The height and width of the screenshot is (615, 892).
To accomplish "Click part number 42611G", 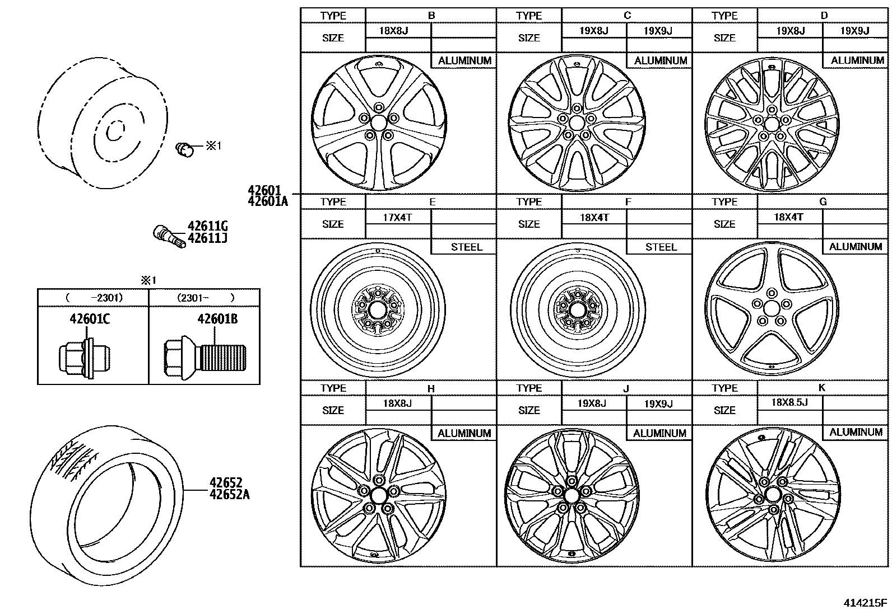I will pyautogui.click(x=207, y=226).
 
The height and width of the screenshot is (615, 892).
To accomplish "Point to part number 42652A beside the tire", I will pyautogui.click(x=230, y=494).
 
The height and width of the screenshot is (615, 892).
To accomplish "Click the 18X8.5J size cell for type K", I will pyautogui.click(x=789, y=402).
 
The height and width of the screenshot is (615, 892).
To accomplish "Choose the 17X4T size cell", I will pyautogui.click(x=397, y=217).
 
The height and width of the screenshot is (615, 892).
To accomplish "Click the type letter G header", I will pyautogui.click(x=823, y=201).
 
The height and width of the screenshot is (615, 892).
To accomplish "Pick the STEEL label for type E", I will pyautogui.click(x=466, y=247).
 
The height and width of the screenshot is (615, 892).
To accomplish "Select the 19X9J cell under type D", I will pyautogui.click(x=854, y=31).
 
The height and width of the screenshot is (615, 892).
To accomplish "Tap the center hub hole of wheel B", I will pyautogui.click(x=379, y=123).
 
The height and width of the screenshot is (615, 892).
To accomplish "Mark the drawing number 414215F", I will pyautogui.click(x=866, y=603).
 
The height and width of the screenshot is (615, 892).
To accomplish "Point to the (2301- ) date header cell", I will pyautogui.click(x=205, y=298).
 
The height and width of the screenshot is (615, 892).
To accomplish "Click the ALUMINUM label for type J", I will pyautogui.click(x=659, y=433).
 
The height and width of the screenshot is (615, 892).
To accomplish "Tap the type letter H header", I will pyautogui.click(x=430, y=388).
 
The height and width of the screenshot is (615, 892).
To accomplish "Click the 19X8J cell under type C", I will pyautogui.click(x=593, y=31).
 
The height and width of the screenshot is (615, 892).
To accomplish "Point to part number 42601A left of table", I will pyautogui.click(x=267, y=201).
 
